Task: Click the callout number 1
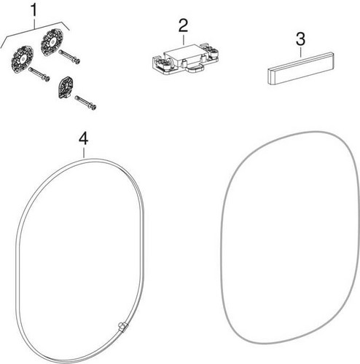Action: pos(34,10)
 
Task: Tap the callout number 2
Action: pos(183,25)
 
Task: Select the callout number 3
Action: pos(300,39)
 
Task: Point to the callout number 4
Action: pos(84,139)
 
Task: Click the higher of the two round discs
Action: pos(52,42)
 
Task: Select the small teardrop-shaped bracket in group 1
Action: pos(65,87)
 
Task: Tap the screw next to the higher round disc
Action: pos(70,57)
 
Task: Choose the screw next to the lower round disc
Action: pos(39,74)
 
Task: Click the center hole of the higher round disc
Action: pos(52,42)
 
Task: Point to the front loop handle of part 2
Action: pos(195,69)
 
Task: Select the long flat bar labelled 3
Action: pos(301,68)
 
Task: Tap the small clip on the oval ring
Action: pos(122,326)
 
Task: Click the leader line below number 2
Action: pos(184,39)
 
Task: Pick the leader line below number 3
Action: pos(301,52)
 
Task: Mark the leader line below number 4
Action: pos(84,152)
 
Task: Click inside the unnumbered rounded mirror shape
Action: pos(289,238)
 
